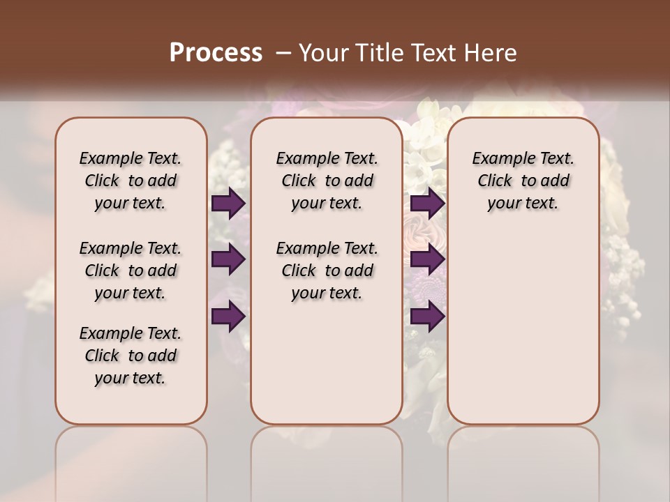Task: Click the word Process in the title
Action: pos(216,53)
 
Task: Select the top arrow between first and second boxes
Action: pos(228,203)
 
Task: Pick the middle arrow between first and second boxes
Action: pos(228,259)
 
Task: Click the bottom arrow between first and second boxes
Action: pos(228,317)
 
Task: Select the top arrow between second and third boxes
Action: pos(427,203)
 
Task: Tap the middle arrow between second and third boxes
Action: pos(427,259)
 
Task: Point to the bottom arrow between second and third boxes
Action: pos(427,317)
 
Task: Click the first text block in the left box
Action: pos(131,181)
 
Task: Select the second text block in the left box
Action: pos(131,271)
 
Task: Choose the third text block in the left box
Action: pos(131,356)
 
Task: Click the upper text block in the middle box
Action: pos(327,181)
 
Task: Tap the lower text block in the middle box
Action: pos(327,271)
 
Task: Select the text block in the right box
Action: pos(523,181)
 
